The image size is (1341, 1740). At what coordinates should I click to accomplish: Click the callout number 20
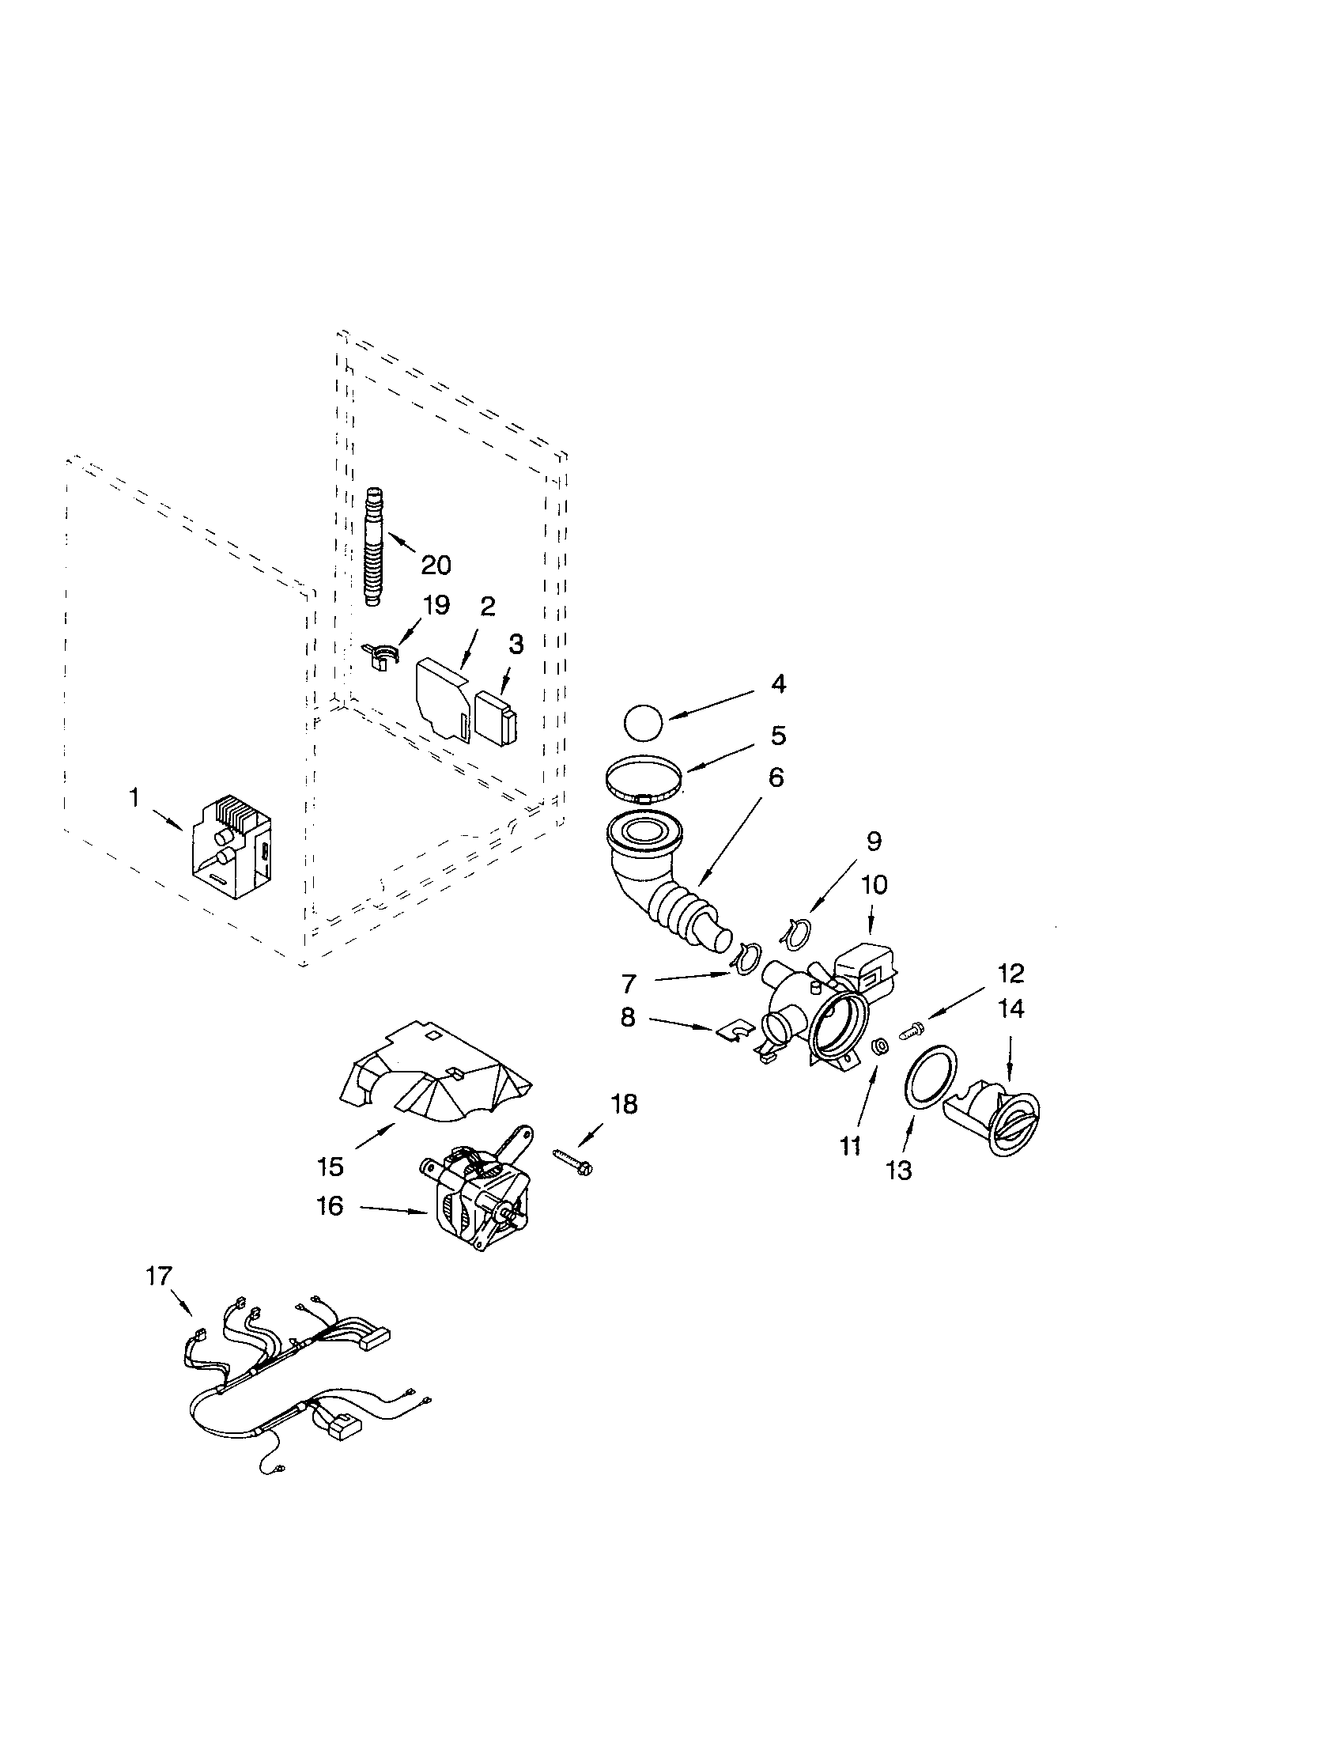pos(436,565)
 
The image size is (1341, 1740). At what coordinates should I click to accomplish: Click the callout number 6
pos(776,777)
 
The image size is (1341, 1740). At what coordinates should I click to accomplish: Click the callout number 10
pos(874,885)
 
